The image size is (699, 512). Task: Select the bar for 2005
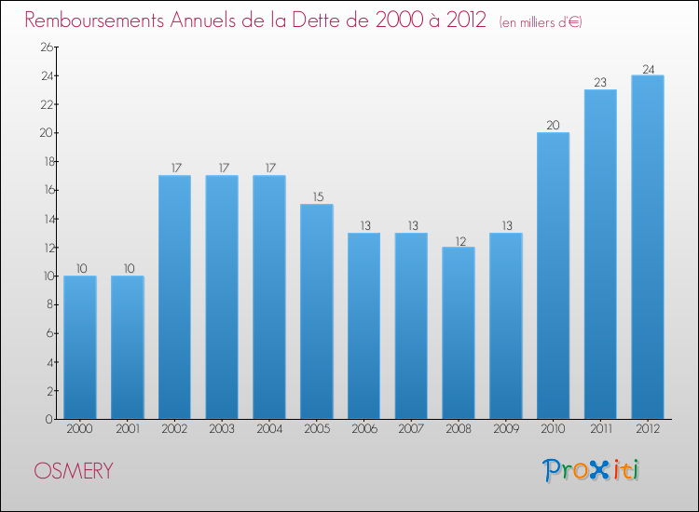316,312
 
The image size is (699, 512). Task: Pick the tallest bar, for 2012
647,247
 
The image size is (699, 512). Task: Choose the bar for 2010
553,276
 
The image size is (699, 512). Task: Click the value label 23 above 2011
600,82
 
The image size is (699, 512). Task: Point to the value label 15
316,196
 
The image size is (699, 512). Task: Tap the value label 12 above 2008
458,239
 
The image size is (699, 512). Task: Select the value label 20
553,125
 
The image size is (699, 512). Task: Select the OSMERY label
74,471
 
